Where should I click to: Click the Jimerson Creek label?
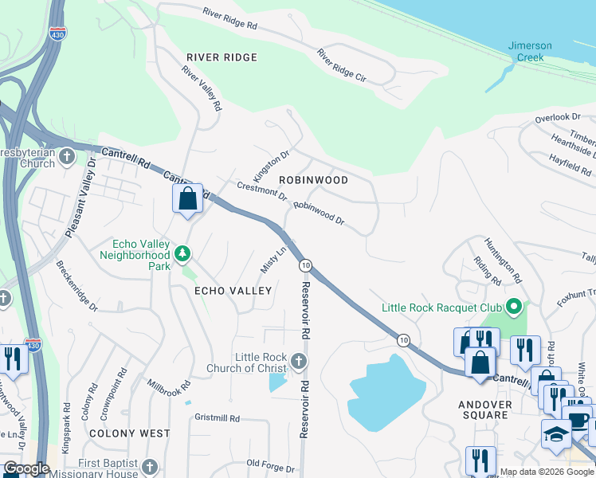point(526,51)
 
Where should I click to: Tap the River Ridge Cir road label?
point(340,67)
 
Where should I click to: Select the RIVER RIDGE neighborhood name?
point(222,57)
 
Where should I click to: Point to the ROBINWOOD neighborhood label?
point(313,180)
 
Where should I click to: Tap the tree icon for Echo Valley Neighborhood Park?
point(183,253)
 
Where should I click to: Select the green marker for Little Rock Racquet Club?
point(514,306)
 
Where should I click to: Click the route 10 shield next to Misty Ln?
point(304,264)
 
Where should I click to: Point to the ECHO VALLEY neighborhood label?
point(234,292)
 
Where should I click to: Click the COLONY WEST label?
point(130,433)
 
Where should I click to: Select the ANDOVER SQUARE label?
point(484,409)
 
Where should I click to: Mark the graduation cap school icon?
point(557,434)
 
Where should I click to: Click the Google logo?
point(26,468)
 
